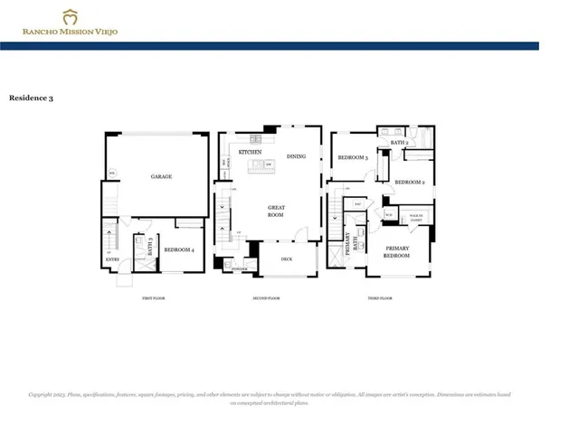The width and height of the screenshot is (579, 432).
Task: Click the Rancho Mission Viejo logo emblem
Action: (x=70, y=16)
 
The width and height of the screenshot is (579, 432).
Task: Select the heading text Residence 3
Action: (x=31, y=98)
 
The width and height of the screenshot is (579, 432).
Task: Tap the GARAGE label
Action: (x=161, y=177)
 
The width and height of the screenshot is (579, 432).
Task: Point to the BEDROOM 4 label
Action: (x=178, y=249)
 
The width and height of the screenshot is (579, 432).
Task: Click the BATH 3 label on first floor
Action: (x=148, y=249)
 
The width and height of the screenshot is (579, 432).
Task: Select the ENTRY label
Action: (x=111, y=260)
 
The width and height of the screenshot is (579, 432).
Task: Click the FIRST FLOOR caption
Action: (x=153, y=297)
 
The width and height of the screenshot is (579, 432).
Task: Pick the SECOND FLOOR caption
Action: (x=266, y=297)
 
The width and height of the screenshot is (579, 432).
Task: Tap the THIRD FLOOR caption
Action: (x=380, y=297)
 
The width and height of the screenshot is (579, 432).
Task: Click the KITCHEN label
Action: (x=251, y=153)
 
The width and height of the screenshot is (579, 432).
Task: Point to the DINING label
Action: (x=296, y=156)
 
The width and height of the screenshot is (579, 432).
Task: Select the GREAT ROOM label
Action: (x=276, y=211)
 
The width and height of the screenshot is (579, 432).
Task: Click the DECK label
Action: (x=286, y=259)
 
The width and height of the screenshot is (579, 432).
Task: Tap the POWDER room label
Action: (x=240, y=269)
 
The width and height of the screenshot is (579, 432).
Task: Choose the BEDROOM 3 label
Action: (x=352, y=158)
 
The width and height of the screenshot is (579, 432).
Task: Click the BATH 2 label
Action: (x=400, y=143)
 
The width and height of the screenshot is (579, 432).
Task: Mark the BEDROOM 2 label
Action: (x=410, y=182)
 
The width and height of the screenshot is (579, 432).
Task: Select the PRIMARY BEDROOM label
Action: (x=397, y=252)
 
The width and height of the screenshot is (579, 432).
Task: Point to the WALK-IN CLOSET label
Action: (x=417, y=217)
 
